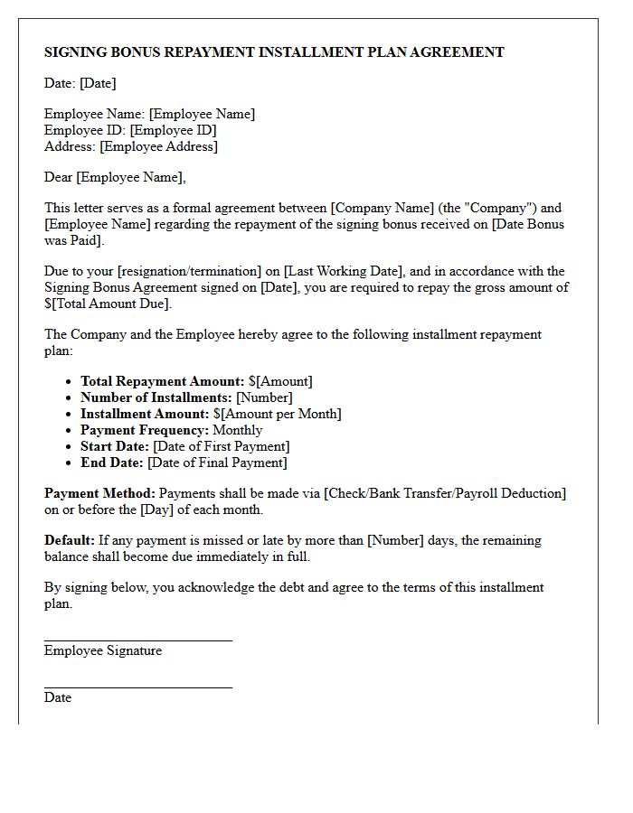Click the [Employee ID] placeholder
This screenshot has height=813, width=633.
click(173, 130)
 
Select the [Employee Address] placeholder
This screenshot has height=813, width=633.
click(158, 146)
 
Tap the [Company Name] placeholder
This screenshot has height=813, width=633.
click(383, 208)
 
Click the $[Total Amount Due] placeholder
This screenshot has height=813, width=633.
click(108, 304)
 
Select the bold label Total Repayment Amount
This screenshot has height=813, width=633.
click(162, 381)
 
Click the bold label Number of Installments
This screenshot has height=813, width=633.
click(156, 397)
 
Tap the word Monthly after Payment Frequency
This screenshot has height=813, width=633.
click(237, 430)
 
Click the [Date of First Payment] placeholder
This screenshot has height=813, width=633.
click(221, 446)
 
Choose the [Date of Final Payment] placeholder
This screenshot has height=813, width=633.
click(217, 463)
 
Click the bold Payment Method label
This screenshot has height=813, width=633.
click(99, 493)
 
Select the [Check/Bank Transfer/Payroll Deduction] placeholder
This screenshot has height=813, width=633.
click(445, 493)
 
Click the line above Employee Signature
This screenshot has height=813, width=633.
click(137, 640)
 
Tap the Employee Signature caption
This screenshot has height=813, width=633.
click(103, 650)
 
